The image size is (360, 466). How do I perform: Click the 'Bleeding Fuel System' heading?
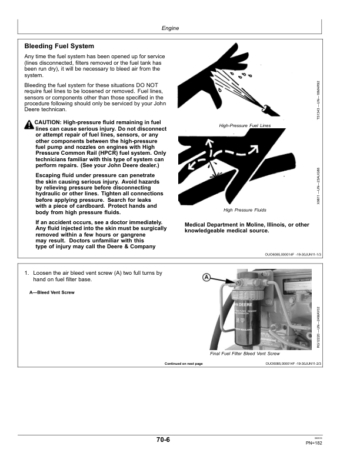59,46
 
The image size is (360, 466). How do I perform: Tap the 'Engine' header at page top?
169,28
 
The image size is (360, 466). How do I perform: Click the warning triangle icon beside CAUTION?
29,124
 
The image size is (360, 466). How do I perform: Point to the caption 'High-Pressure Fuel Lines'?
244,126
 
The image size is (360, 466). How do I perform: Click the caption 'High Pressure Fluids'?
245,210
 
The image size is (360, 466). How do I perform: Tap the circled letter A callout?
206,277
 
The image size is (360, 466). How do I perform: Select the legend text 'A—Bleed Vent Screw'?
52,292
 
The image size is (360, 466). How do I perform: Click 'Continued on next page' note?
184,364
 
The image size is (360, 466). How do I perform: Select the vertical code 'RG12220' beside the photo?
318,327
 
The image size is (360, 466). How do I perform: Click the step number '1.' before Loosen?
27,274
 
